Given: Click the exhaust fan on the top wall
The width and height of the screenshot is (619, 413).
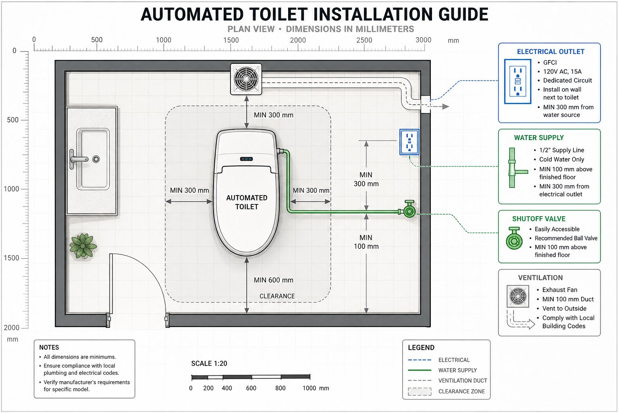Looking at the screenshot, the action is tap(246, 79).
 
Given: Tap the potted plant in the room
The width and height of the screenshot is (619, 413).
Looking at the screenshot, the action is tap(83, 246).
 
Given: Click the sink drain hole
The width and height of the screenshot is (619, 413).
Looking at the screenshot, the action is tap(96, 159).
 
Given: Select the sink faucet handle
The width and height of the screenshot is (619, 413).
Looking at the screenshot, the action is tap(79, 159).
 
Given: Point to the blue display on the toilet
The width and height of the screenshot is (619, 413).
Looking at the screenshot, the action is tap(246, 159).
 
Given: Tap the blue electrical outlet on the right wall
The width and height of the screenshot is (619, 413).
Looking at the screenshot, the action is tap(409, 142).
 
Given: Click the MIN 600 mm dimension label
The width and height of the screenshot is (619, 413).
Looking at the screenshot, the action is tap(274, 280).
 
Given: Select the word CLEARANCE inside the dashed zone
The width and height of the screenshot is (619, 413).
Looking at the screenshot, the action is tap(277, 296).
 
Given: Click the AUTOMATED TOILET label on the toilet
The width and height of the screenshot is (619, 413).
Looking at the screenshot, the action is tap(247, 202).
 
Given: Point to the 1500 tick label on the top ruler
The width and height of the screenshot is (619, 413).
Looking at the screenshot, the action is tap(231, 40).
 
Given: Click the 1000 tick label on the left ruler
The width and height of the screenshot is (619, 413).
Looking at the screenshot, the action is tap(11, 189).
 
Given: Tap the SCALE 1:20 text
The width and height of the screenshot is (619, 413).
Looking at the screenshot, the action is tap(209, 363).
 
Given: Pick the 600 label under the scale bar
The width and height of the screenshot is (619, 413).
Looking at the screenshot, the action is tap(251, 388).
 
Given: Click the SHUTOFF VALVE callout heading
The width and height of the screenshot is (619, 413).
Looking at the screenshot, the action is tap(539, 219).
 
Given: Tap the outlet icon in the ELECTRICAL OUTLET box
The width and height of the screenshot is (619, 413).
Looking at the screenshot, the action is tap(517, 81).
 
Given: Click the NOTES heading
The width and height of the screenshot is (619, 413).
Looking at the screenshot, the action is tap(49, 347).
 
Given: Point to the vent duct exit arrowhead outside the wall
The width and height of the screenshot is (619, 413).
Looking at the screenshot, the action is tap(445, 106).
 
